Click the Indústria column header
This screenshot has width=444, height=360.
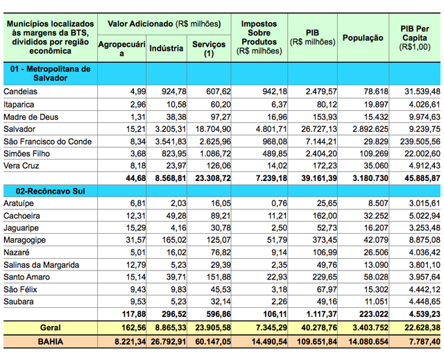[x=166, y=49]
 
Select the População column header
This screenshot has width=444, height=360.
[x=363, y=37]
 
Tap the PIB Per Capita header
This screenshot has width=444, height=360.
[x=416, y=37]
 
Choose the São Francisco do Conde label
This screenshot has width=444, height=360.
[x=47, y=142]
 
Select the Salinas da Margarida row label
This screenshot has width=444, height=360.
[x=41, y=264]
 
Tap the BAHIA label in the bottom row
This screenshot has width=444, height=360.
[x=49, y=342]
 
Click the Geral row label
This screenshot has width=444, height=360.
[x=49, y=327]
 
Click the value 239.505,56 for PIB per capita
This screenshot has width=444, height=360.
[x=416, y=142]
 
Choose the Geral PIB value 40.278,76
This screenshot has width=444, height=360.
[x=311, y=327]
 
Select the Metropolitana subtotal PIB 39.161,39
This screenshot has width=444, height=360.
[x=311, y=178]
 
